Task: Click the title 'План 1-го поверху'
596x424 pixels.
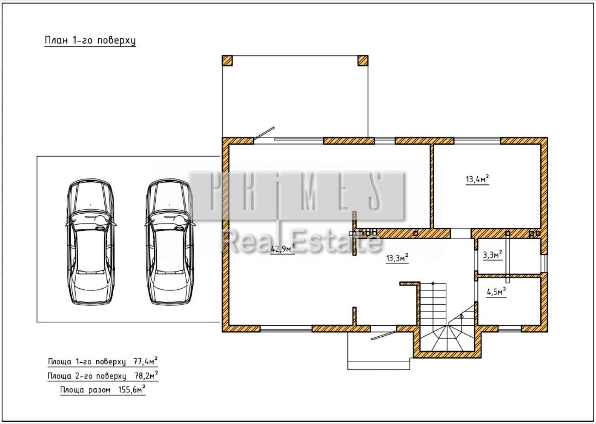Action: point(90,40)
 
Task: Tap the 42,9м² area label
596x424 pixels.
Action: point(283,249)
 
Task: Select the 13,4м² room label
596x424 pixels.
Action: point(477,179)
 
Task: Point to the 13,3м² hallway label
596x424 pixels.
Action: point(397,258)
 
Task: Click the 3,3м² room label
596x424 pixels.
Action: point(493,255)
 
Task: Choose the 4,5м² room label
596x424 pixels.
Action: point(496,292)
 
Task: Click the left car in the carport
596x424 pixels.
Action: point(90,242)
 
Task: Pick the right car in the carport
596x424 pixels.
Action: point(170,242)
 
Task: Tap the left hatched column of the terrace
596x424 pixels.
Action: point(227,60)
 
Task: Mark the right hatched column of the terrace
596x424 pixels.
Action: point(363,60)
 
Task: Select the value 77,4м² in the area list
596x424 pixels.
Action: point(145,361)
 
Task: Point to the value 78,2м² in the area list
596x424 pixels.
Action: point(146,375)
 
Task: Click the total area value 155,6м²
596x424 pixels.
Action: point(132,390)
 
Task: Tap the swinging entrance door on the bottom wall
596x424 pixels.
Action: point(384,335)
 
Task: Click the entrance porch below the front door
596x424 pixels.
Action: point(378,351)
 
